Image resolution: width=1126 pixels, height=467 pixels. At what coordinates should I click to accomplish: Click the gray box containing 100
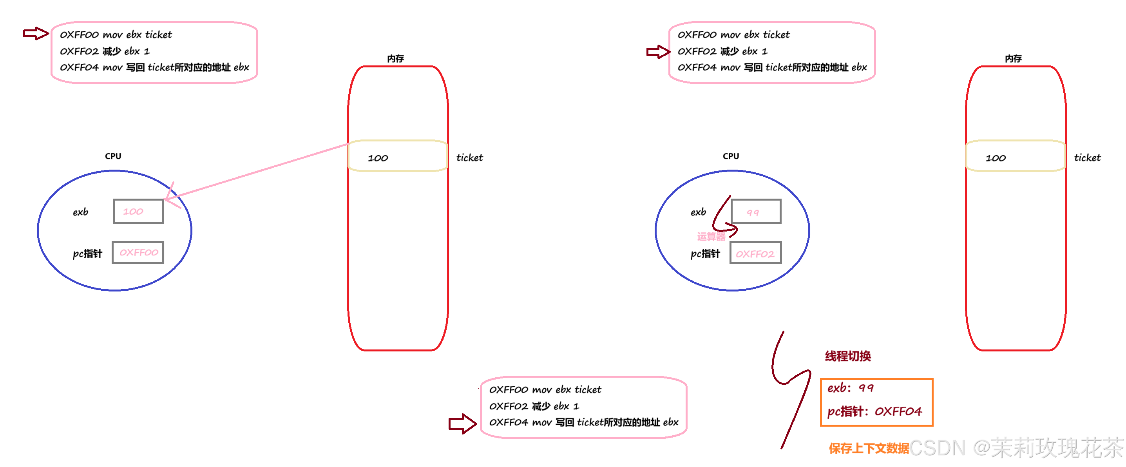coord(138,212)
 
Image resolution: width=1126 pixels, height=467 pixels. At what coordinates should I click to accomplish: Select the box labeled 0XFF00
coord(138,253)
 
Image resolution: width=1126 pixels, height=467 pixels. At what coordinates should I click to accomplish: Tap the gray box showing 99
coord(756,212)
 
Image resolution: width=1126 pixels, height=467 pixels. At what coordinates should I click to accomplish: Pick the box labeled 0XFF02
coord(756,253)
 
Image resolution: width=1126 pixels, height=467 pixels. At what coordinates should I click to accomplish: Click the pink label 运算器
coord(711,237)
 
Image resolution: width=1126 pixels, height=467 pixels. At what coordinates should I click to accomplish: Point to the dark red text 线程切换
coord(848,357)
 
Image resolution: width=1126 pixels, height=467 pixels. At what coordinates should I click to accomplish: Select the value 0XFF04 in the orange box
coord(898,411)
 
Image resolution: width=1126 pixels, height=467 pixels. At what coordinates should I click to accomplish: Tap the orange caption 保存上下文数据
coord(869,449)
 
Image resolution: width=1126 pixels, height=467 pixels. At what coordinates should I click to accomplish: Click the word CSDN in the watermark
coord(937,448)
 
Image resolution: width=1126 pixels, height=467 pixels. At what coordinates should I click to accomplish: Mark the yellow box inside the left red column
coord(397,156)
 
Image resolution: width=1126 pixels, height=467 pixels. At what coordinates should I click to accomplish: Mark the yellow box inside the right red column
coord(1016,156)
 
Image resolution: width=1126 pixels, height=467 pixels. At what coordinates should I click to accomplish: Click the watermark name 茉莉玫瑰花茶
coord(1057,448)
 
